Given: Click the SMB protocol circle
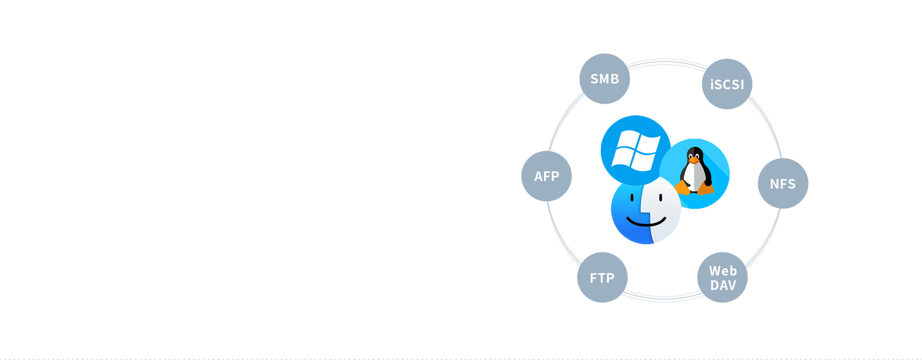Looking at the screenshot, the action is click(x=605, y=79).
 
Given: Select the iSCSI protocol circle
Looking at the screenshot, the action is click(x=727, y=84).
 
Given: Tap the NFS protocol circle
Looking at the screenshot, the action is click(x=783, y=183).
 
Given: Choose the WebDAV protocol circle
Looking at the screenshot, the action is click(x=722, y=277).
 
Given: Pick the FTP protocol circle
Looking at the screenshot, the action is click(x=602, y=277).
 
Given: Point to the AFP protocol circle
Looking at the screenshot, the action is click(x=546, y=176).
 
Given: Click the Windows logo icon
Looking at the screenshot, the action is click(x=636, y=150).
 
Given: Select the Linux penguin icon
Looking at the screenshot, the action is click(x=694, y=174).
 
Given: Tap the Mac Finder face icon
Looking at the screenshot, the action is click(x=646, y=210).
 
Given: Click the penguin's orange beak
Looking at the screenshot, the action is click(x=694, y=160).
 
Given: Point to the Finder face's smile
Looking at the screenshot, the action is click(x=646, y=221).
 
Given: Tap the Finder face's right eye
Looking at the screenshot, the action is click(x=661, y=197).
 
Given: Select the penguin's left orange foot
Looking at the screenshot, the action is click(x=682, y=187).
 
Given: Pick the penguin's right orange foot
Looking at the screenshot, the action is click(x=705, y=188).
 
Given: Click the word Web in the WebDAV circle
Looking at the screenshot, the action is click(x=723, y=271).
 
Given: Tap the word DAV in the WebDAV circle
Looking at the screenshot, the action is click(x=723, y=286).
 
